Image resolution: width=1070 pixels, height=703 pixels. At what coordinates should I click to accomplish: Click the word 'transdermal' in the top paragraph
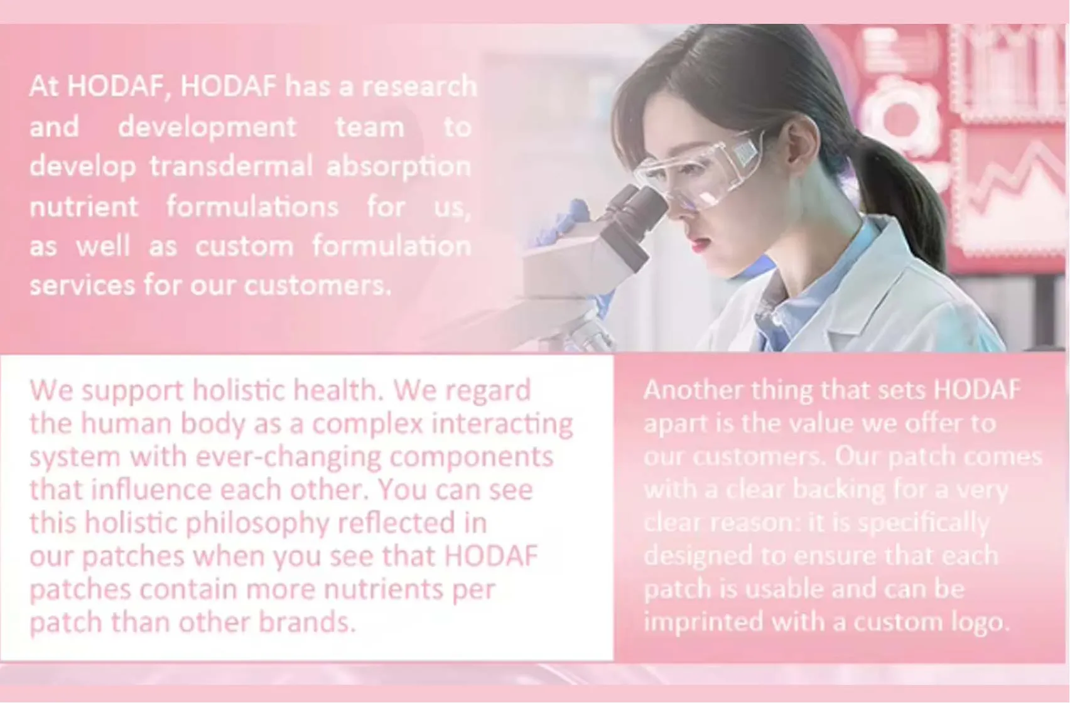click(x=230, y=167)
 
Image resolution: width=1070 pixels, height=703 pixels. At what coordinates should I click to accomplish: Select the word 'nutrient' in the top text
click(x=84, y=207)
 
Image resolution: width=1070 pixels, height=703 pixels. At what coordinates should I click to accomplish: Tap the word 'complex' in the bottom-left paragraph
click(x=367, y=424)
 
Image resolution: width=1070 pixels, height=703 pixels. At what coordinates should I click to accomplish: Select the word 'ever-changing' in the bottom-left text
click(x=288, y=457)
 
